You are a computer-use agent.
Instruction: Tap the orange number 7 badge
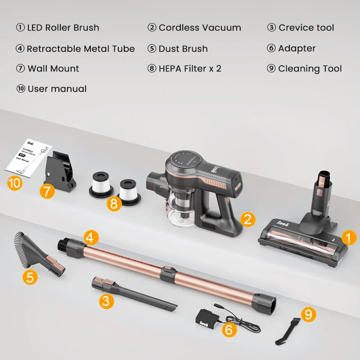point(47,191)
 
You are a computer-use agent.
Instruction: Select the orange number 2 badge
point(247,219)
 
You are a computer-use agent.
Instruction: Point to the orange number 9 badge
point(308,314)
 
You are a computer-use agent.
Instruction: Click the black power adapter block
point(207,318)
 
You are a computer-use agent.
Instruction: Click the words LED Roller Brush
point(63,27)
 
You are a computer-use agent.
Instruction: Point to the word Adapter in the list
point(297,48)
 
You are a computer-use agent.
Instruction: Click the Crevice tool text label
point(306,27)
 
